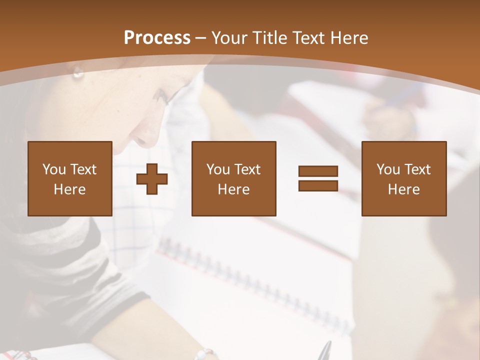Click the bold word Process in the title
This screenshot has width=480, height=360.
157,38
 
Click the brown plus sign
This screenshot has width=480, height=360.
152,179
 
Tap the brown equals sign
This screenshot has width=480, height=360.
318,178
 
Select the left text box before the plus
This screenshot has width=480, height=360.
70,178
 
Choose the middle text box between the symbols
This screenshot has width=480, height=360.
234,178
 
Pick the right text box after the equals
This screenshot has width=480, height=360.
404,178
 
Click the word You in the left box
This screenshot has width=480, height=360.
54,169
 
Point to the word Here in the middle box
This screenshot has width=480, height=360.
234,189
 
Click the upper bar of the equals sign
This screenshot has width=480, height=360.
318,171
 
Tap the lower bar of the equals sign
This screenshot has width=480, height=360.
318,185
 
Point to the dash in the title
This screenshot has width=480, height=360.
201,38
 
